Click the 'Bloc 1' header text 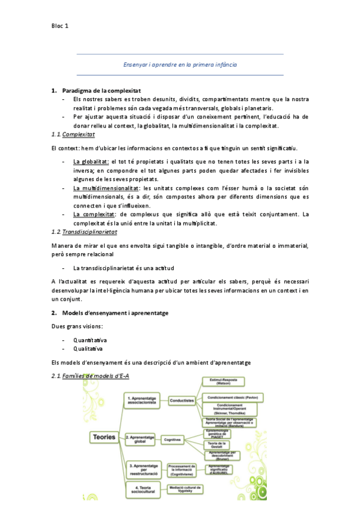click(x=60, y=26)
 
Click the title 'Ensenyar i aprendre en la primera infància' click(x=180, y=64)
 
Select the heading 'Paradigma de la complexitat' click(x=101, y=90)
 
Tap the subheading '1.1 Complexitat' click(x=73, y=135)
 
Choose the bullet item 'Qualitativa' click(x=88, y=348)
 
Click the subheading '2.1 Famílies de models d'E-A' click(x=90, y=376)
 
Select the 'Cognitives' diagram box click(x=173, y=440)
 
